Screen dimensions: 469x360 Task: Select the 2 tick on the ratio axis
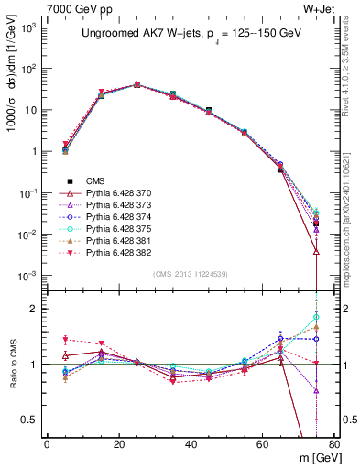[35, 309]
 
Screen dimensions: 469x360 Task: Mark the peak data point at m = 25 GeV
[136, 84]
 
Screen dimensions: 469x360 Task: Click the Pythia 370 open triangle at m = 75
[315, 251]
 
